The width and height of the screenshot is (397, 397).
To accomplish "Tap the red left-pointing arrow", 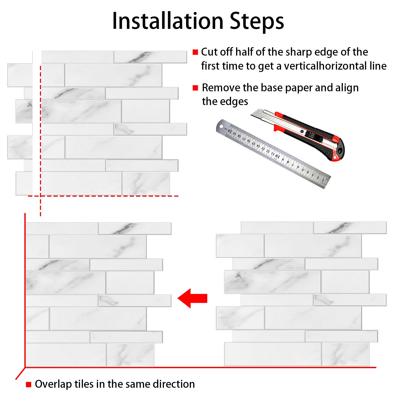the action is click(x=192, y=298).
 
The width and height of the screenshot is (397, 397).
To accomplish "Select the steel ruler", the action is click(x=273, y=154).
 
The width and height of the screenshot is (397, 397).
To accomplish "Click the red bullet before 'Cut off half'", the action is click(x=195, y=52).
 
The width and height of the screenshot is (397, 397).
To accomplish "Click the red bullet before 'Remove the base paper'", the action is click(x=195, y=88).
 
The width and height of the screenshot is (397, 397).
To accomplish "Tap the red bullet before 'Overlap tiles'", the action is click(x=29, y=384).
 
